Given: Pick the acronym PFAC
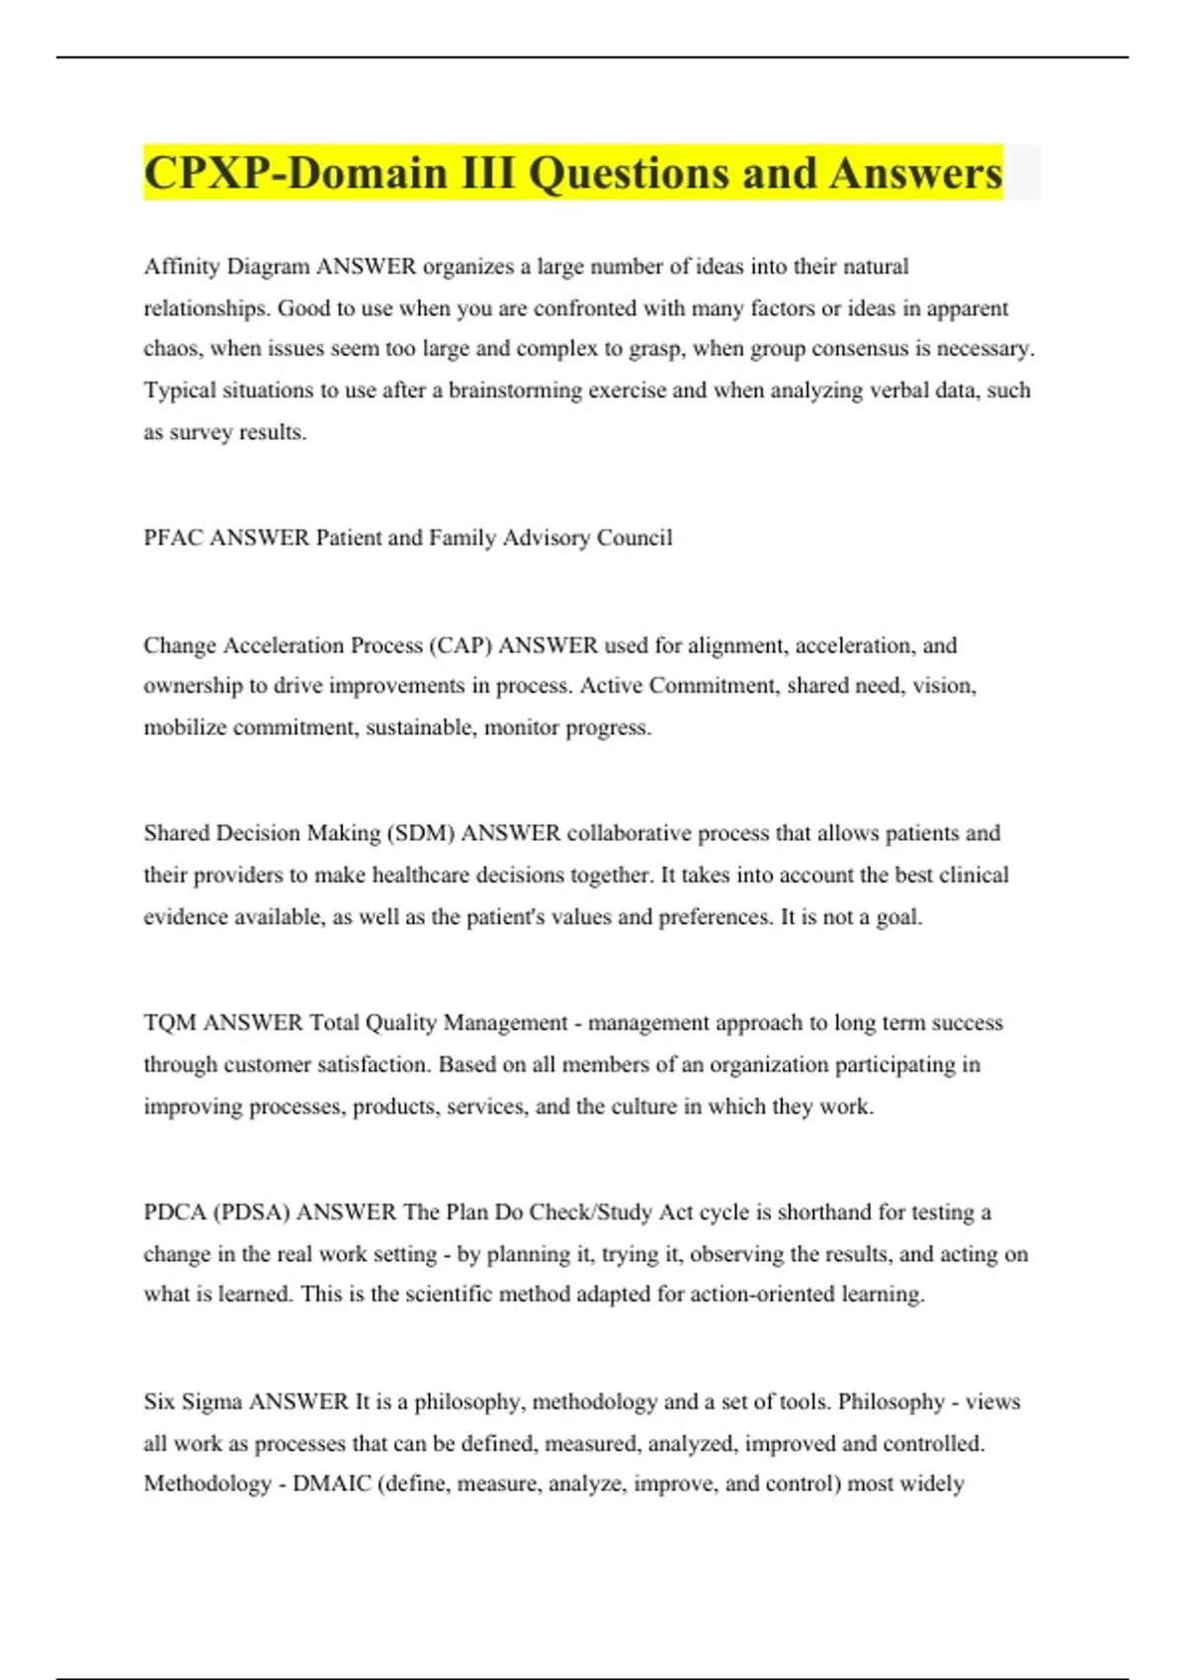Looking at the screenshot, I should (173, 538).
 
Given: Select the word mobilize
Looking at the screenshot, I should (185, 727).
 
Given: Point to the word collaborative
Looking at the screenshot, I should (629, 833).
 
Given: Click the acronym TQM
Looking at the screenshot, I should (170, 1023).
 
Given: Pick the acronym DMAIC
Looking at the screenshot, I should (331, 1484).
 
